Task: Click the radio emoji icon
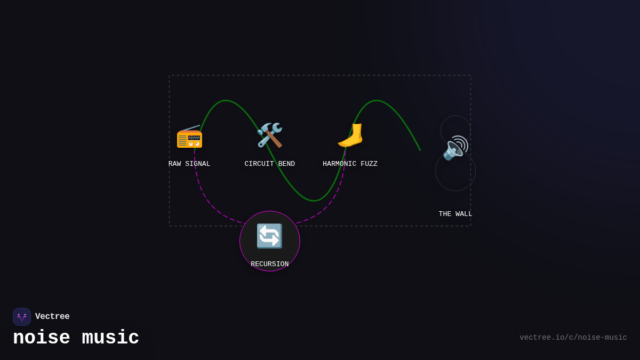tap(189, 137)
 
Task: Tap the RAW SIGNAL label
tap(189, 164)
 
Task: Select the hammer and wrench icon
tap(269, 135)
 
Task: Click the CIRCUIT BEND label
tap(269, 164)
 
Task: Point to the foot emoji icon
tap(350, 135)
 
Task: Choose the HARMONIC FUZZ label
tap(350, 164)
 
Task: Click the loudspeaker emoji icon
tap(455, 148)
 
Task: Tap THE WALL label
tap(455, 214)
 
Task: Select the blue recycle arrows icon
tap(269, 236)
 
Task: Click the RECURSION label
tap(269, 264)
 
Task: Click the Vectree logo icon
tap(22, 317)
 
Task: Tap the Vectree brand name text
tap(52, 317)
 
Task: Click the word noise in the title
tap(41, 338)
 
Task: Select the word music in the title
tap(110, 338)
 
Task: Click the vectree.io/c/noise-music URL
tap(573, 338)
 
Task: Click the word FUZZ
tap(369, 164)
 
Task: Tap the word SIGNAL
tap(198, 164)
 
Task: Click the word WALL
tap(464, 214)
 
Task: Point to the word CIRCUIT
tap(259, 164)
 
